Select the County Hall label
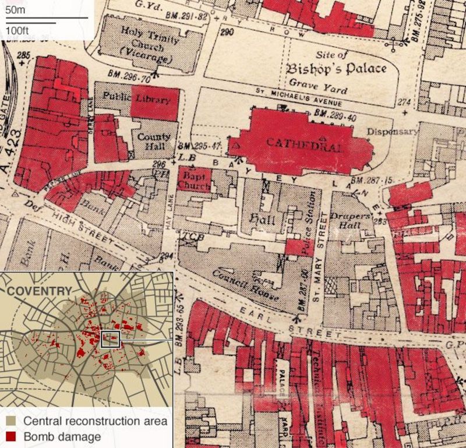(153, 142)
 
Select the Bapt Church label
(193, 178)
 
